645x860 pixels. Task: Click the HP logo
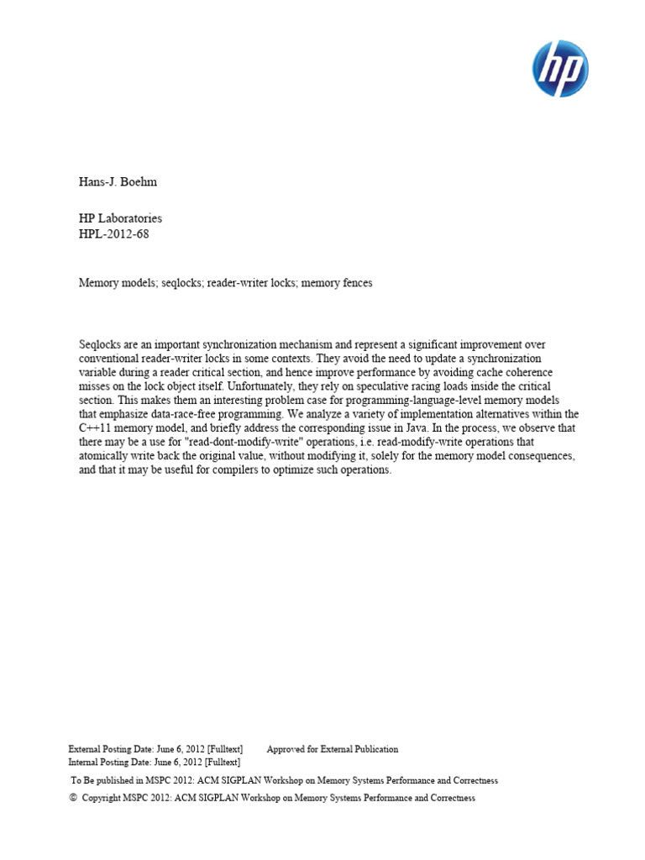pos(560,69)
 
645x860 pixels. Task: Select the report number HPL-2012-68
pos(114,233)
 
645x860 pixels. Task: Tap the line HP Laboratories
pos(120,218)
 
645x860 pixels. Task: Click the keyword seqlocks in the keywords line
pos(181,284)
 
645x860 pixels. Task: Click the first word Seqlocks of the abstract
pos(101,345)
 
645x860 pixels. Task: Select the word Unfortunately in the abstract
pos(275,386)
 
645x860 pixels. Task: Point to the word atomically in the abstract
pos(107,456)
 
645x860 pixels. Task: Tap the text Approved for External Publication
pos(333,749)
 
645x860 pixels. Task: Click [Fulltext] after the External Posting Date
pos(223,749)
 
